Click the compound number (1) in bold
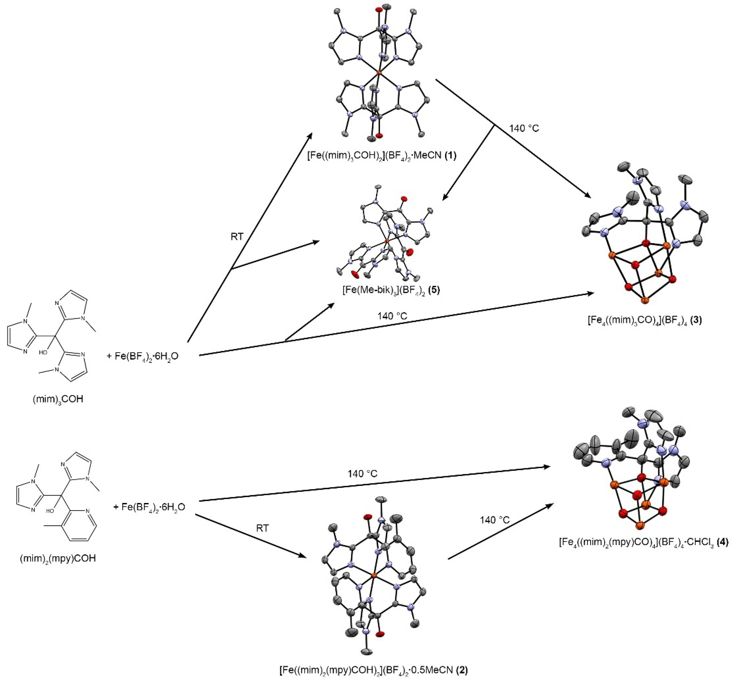point(450,155)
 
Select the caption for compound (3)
point(645,320)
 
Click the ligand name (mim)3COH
point(58,399)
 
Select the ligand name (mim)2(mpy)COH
point(58,558)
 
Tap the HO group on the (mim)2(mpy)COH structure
point(50,510)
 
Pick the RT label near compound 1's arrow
point(237,237)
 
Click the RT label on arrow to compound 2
point(262,528)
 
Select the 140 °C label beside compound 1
point(524,128)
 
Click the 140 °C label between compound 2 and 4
point(495,520)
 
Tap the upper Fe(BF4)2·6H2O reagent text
point(143,356)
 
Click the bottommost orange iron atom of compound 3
point(645,300)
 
